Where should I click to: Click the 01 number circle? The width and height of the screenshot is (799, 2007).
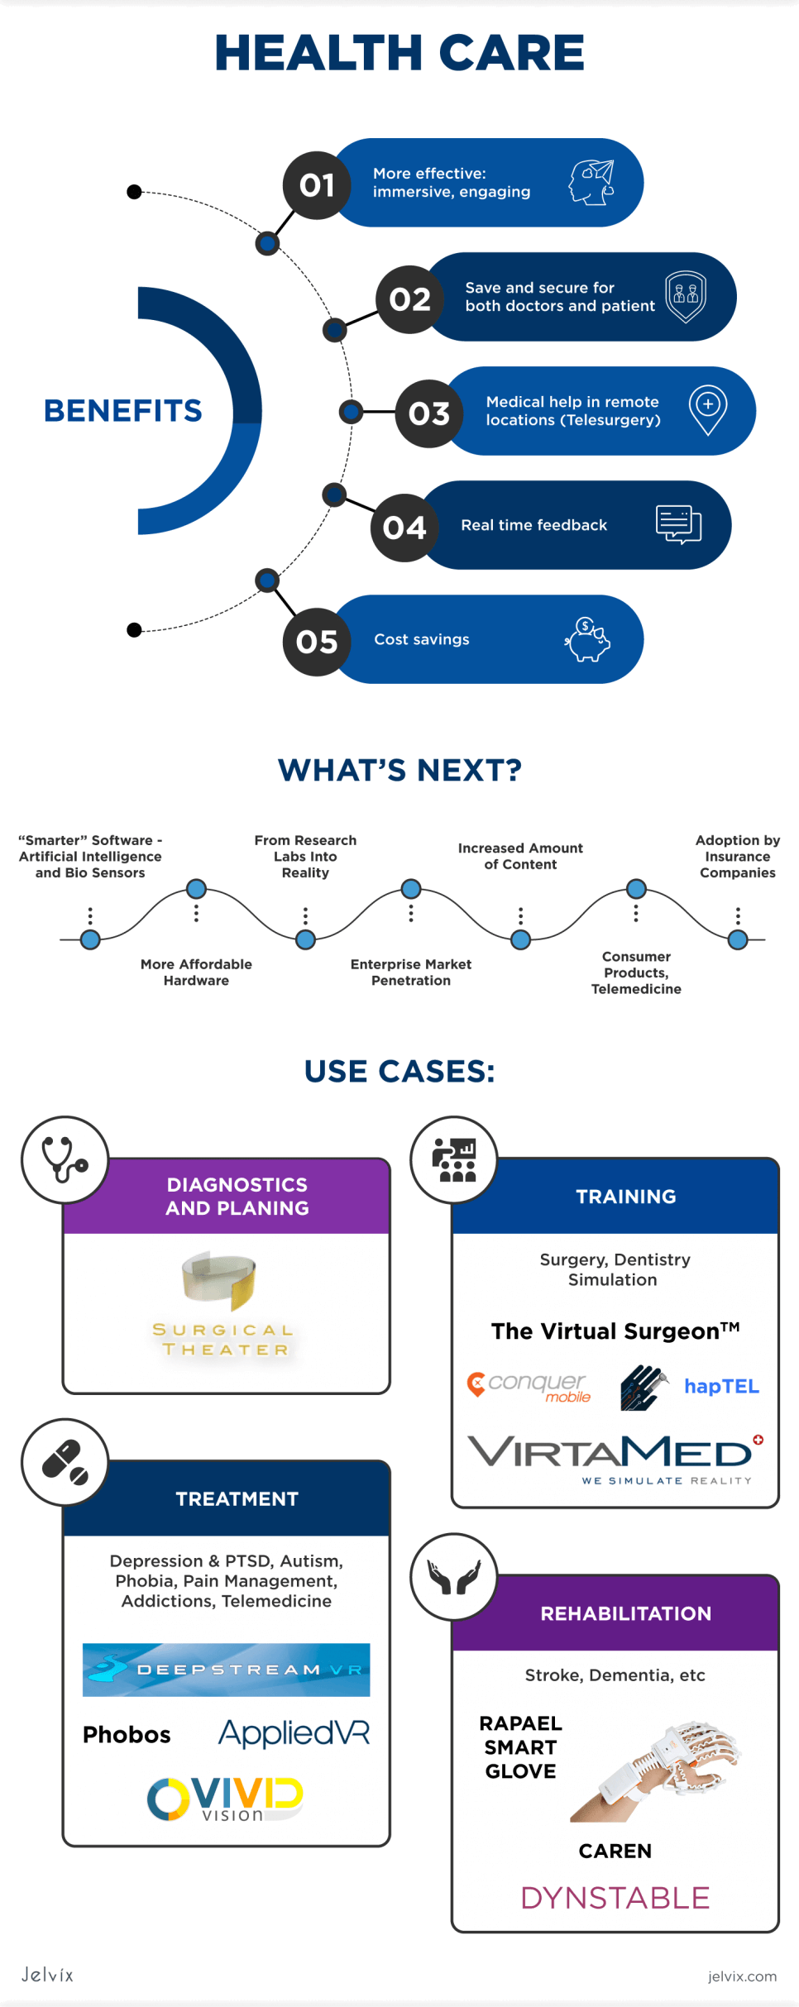317,185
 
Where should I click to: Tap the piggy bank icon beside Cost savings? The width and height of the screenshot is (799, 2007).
588,640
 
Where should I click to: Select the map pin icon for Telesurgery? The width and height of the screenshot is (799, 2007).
708,409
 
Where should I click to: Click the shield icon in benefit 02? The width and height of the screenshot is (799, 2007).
686,296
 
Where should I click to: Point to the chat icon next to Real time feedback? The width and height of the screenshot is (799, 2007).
678,524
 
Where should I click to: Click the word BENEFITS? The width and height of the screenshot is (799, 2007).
123,410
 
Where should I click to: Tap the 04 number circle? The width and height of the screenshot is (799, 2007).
404,528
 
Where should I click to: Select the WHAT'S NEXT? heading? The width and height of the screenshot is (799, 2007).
399,770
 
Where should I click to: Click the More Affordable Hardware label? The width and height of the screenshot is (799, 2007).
196,972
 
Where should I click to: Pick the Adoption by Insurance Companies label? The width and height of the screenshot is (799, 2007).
738,856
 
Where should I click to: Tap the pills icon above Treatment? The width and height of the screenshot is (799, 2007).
65,1462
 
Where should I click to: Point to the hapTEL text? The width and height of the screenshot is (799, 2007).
721,1387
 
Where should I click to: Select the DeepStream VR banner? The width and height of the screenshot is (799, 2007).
226,1670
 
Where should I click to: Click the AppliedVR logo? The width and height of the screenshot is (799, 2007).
294,1732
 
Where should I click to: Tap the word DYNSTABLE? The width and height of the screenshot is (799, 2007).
615,1898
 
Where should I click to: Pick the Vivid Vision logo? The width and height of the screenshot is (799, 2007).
225,1799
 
